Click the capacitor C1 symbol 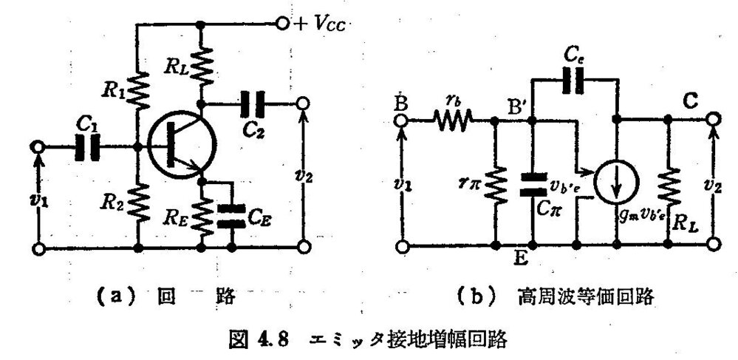(86, 146)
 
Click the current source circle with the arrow (616, 180)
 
